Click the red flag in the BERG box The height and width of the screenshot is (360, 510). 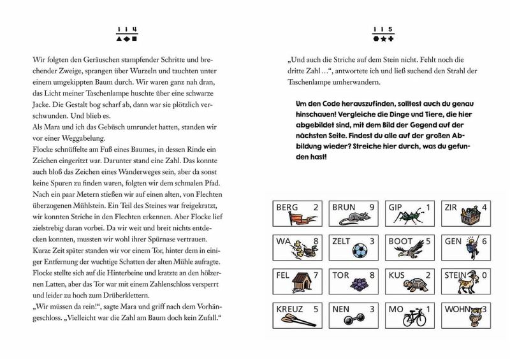point(295,219)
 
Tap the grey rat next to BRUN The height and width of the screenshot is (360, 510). point(352,219)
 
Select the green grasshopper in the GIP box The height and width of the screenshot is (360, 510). point(408,218)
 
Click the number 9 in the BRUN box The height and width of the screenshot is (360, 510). point(372,207)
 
